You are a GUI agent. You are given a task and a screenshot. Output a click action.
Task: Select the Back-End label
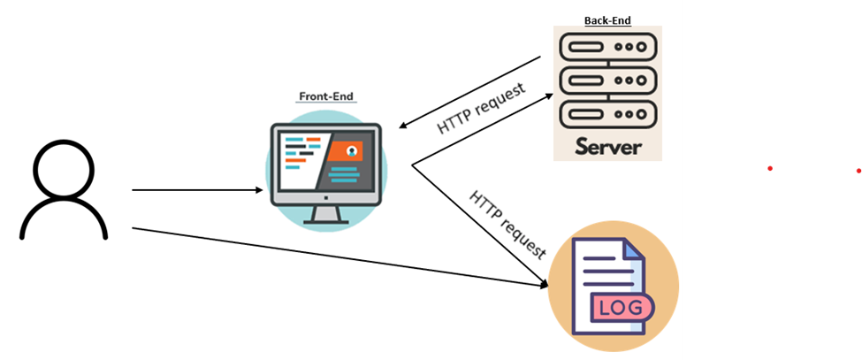(607, 19)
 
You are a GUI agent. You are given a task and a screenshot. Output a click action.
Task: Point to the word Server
(607, 146)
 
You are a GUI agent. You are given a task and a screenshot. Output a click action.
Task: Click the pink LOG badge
(622, 308)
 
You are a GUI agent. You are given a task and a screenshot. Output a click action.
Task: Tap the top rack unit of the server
(607, 46)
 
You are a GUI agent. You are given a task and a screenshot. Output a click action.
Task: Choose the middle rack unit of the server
(607, 80)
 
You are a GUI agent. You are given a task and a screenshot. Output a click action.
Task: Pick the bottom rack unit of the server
(607, 114)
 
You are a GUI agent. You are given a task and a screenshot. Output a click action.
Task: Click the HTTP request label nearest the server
(481, 109)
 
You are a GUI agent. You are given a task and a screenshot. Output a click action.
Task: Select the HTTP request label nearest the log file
(507, 223)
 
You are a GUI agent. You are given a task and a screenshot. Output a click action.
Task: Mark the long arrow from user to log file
(336, 257)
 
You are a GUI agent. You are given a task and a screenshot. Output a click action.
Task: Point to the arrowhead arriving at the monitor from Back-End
(403, 126)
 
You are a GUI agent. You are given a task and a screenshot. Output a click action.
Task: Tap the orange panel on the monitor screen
(346, 152)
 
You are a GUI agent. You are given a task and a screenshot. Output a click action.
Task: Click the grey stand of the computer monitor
(324, 213)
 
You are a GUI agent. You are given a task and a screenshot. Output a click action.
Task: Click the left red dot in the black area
(770, 168)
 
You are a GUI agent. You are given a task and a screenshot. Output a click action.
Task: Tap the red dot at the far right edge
(858, 170)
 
